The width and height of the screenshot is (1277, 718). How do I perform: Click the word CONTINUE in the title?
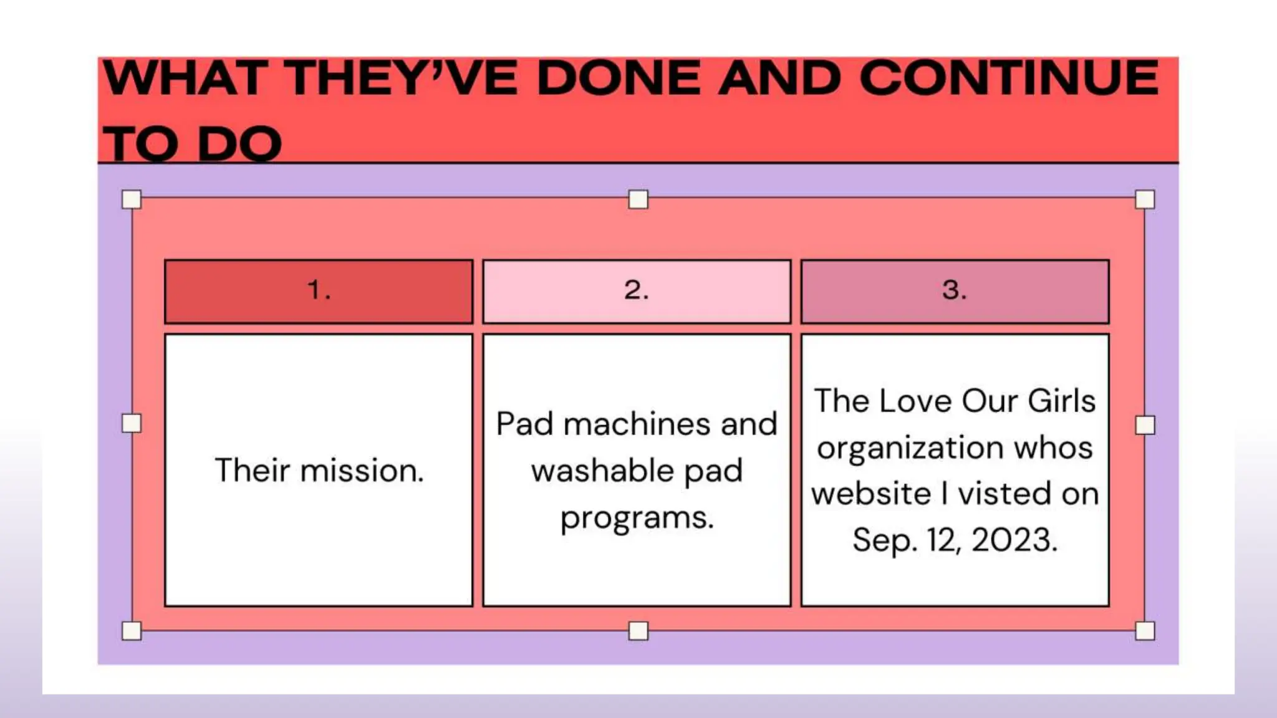click(x=1008, y=79)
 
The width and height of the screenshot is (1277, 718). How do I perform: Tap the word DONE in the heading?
click(x=619, y=79)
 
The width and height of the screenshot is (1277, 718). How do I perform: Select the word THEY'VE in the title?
click(x=403, y=79)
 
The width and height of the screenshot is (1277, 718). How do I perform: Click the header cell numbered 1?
click(x=319, y=291)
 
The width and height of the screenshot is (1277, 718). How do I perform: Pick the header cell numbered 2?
click(x=637, y=291)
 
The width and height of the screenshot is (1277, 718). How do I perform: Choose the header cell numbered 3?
click(x=955, y=291)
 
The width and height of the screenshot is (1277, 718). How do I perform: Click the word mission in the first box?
click(x=362, y=471)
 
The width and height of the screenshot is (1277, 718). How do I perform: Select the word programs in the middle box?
click(x=637, y=518)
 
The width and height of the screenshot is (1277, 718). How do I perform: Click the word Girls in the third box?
click(x=1061, y=401)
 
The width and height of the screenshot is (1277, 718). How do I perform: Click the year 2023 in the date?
click(x=1014, y=540)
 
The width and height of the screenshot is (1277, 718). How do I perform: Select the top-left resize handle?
click(x=132, y=199)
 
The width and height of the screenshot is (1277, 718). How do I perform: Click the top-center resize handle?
click(x=638, y=199)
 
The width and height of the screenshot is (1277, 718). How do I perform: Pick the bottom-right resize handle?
click(x=1145, y=631)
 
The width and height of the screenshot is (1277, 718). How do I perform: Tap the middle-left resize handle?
click(x=132, y=424)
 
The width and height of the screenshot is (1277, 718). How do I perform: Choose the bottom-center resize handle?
click(x=638, y=631)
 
